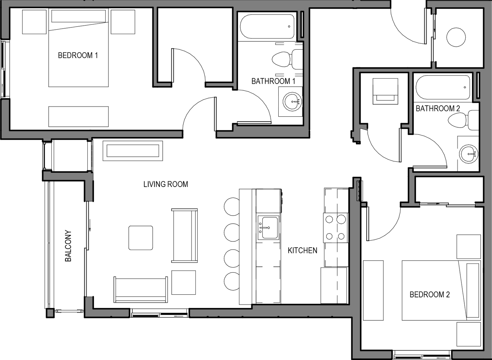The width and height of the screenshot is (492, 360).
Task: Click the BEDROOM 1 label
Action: click(x=78, y=55)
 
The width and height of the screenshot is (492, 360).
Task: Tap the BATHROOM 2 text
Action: click(x=438, y=109)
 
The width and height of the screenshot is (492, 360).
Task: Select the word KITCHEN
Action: click(x=302, y=250)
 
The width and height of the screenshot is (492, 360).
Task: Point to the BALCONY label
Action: click(x=68, y=246)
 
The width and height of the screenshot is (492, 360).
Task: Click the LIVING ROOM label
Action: click(x=166, y=184)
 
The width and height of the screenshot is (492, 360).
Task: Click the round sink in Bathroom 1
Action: click(x=292, y=102)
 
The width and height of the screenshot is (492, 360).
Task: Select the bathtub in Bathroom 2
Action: click(x=443, y=87)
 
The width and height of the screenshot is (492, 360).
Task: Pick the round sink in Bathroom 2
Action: click(x=468, y=154)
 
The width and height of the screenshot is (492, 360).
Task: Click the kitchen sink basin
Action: click(x=270, y=228)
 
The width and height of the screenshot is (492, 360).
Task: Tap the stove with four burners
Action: click(x=335, y=228)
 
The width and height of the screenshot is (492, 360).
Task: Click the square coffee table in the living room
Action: click(x=141, y=238)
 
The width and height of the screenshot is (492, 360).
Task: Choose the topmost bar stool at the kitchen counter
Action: click(x=232, y=206)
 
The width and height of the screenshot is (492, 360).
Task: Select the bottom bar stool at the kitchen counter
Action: click(x=232, y=281)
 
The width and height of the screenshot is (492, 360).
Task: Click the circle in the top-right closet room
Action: click(x=456, y=37)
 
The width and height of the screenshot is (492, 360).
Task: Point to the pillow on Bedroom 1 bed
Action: click(x=78, y=16)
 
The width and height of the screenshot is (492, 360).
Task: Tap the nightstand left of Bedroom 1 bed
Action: click(x=34, y=22)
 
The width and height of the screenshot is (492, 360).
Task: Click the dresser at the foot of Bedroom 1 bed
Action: click(x=78, y=117)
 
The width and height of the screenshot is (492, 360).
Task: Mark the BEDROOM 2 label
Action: click(x=430, y=295)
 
